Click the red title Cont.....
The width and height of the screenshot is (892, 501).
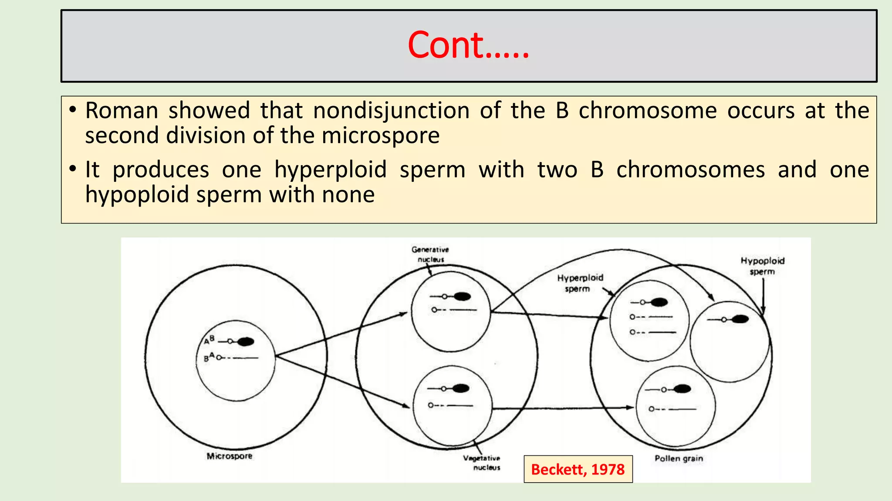coord(468,46)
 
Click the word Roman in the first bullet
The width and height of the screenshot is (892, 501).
coord(122,110)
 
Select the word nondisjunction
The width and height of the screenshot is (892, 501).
coord(391,110)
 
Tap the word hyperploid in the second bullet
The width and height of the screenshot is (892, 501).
coord(331,170)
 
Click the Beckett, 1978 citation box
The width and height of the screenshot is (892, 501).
coord(578,469)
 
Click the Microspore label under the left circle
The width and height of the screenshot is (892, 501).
coord(230,456)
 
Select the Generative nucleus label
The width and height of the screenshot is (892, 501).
coord(430,254)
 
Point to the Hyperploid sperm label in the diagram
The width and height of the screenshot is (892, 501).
coord(580,283)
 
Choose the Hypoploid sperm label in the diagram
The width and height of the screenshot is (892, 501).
coord(762,266)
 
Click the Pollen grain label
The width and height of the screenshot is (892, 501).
coord(679,458)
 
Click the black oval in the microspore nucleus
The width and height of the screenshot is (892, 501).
coord(246,342)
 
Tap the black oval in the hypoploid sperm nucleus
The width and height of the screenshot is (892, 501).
coord(740,319)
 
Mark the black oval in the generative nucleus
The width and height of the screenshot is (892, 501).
coord(462,297)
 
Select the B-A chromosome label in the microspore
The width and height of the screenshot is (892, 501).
coord(209,357)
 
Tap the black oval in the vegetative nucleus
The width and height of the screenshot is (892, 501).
coord(461,388)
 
